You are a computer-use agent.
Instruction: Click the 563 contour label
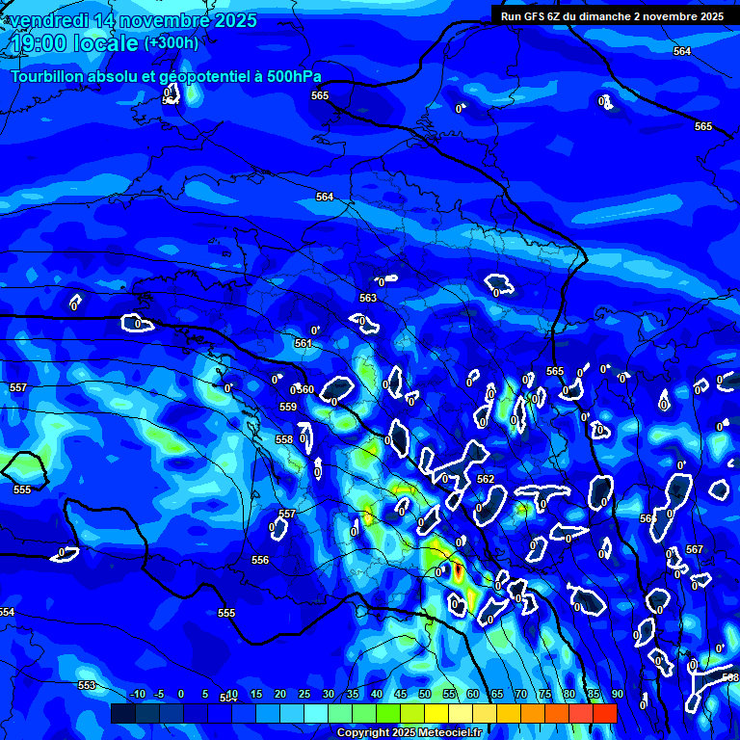point(368,298)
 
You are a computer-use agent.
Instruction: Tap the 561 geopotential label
point(304,343)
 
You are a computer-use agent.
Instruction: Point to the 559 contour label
point(288,407)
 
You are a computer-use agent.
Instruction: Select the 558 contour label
point(284,439)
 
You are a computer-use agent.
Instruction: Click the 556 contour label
point(260,560)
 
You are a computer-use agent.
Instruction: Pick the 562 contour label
point(486,479)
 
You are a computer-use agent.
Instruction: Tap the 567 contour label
point(695,549)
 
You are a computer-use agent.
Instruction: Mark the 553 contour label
point(87,685)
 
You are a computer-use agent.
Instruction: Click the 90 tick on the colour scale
point(617,694)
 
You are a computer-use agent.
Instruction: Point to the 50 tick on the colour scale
point(425,694)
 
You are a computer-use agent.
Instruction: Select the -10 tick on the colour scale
point(137,694)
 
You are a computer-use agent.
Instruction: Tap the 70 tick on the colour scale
point(520,694)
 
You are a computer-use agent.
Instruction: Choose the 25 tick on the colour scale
point(304,694)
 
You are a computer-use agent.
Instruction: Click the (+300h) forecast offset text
point(172,43)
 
